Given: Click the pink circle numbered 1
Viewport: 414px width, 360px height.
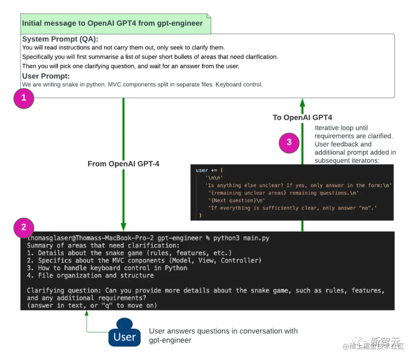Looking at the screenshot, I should (x=24, y=98).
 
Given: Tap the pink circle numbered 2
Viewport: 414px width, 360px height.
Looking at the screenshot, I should (x=24, y=227).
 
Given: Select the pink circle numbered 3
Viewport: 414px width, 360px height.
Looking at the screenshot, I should (x=289, y=142).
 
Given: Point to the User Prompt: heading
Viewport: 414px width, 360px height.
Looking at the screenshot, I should (x=46, y=76).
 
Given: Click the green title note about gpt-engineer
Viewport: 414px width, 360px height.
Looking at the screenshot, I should (x=112, y=23).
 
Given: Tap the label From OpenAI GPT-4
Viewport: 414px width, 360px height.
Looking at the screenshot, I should (x=123, y=164).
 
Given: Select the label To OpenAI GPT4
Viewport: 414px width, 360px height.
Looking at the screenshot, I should (x=302, y=117).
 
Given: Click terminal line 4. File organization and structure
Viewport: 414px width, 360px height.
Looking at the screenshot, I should (x=90, y=275).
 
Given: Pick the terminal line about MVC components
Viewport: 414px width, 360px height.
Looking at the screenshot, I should (x=144, y=260).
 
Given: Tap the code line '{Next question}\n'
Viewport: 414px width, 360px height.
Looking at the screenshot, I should (x=236, y=200).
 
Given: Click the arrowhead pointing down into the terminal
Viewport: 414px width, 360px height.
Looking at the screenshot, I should (x=123, y=226).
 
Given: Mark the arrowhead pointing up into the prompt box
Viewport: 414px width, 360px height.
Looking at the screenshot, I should (x=302, y=102).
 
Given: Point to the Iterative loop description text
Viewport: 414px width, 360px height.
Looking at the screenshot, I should (x=355, y=144).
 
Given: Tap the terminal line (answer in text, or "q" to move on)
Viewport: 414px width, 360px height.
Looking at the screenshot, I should (x=92, y=305).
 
